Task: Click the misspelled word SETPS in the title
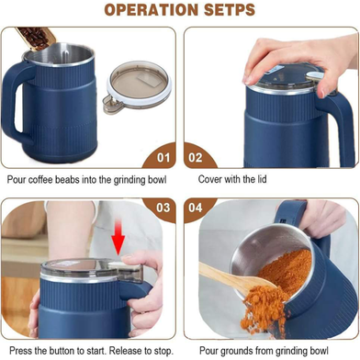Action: [x=230, y=10]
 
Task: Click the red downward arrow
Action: [x=118, y=240]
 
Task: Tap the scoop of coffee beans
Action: [x=36, y=38]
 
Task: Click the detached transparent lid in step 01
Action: [x=137, y=87]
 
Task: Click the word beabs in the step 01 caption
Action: [x=68, y=179]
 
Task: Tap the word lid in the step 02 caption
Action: [x=262, y=179]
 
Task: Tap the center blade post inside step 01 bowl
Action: [x=65, y=54]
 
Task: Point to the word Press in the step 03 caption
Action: [x=19, y=350]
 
